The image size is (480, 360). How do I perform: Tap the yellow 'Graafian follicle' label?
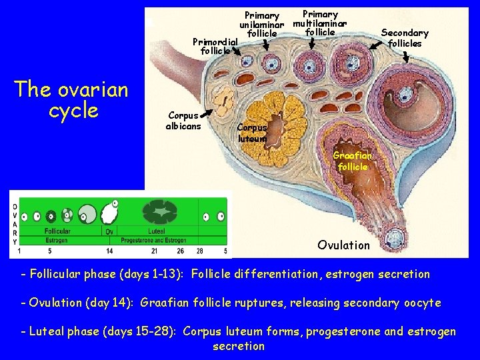(x=351, y=161)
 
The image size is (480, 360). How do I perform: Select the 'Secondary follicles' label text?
(x=405, y=37)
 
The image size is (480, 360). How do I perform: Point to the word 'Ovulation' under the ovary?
(x=343, y=245)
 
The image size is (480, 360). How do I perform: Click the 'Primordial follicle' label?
(x=215, y=45)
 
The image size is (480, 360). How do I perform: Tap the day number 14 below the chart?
(x=109, y=251)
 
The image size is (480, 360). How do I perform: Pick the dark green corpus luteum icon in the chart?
(x=160, y=213)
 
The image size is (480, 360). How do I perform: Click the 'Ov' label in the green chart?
(x=110, y=231)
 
